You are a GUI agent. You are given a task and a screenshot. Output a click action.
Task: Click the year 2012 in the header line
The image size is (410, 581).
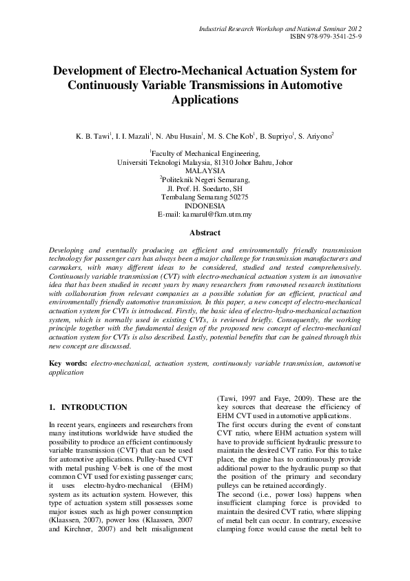pyautogui.click(x=352, y=28)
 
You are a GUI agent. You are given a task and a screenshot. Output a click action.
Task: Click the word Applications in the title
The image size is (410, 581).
pyautogui.click(x=205, y=99)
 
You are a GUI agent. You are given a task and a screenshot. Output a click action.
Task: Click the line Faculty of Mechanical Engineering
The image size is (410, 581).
pyautogui.click(x=205, y=154)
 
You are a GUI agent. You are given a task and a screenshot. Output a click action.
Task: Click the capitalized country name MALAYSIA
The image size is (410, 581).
pyautogui.click(x=205, y=170)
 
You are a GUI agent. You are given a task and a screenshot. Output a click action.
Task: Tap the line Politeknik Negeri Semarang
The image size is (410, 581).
pyautogui.click(x=205, y=179)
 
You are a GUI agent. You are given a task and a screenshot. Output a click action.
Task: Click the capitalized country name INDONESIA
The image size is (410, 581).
pyautogui.click(x=205, y=206)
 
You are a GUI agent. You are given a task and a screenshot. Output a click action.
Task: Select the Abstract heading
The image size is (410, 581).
pyautogui.click(x=205, y=233)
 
